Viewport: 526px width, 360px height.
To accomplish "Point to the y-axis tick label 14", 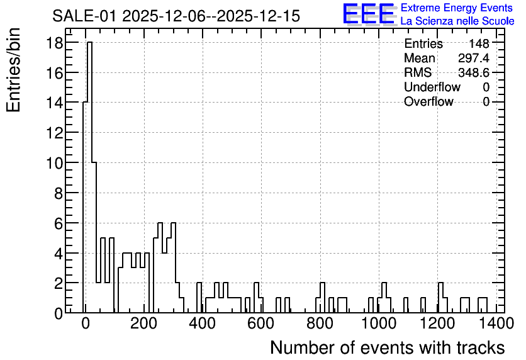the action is (54, 103).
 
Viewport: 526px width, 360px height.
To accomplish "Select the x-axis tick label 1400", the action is (496, 323).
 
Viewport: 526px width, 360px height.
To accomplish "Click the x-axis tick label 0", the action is (85, 323).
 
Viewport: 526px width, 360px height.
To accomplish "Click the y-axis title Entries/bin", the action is (13, 70).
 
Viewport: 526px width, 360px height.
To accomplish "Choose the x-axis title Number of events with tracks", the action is (388, 347).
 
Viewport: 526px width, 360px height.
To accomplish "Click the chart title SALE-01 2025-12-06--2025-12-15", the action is (176, 16).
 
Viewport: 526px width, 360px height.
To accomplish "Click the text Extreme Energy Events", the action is (457, 8).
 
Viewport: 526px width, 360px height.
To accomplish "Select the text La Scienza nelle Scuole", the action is (457, 21).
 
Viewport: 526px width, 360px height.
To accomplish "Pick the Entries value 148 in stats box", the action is (479, 43).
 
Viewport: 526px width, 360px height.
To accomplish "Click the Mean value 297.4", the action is (474, 58).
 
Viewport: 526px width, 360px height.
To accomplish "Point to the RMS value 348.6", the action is (474, 72).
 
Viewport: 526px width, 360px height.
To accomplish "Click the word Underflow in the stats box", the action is (432, 87).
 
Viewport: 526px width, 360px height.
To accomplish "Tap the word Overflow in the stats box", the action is (428, 101).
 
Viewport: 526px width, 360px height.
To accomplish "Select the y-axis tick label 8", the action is (59, 193).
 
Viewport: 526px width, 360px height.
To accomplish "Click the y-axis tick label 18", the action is (54, 43).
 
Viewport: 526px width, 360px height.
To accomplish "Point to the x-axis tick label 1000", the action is (379, 323).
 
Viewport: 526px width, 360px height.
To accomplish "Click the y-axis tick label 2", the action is (59, 283).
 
